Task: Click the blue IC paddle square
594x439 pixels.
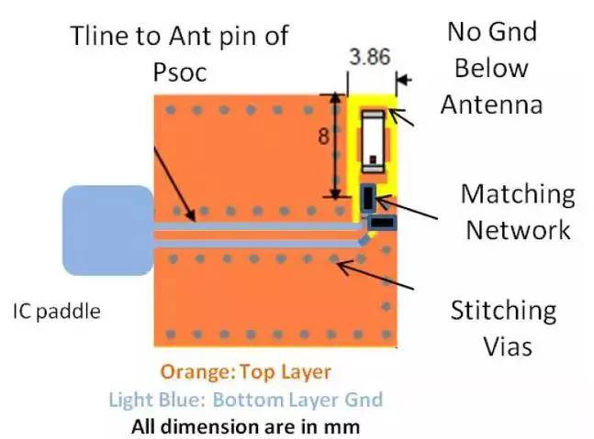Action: pyautogui.click(x=106, y=230)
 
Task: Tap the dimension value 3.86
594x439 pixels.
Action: pyautogui.click(x=369, y=57)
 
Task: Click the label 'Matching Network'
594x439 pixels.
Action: pyautogui.click(x=518, y=211)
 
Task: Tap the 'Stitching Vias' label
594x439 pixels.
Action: pyautogui.click(x=502, y=328)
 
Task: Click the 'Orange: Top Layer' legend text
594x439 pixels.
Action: pyautogui.click(x=244, y=373)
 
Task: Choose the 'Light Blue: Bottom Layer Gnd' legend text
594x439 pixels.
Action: pyautogui.click(x=244, y=400)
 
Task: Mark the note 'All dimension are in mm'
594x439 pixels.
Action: pyautogui.click(x=244, y=425)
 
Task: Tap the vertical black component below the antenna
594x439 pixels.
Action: pyautogui.click(x=367, y=196)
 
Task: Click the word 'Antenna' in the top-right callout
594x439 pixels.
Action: pyautogui.click(x=491, y=104)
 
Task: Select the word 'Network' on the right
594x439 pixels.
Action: pyautogui.click(x=518, y=229)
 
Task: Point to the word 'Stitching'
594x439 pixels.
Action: pyautogui.click(x=502, y=311)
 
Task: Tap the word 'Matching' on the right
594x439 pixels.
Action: pyautogui.click(x=518, y=193)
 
